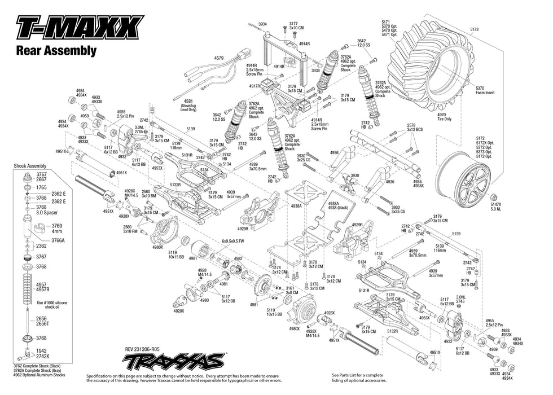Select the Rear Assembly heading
[56, 51]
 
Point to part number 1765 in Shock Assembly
[41, 187]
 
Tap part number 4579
[219, 58]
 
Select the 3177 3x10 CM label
[296, 25]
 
